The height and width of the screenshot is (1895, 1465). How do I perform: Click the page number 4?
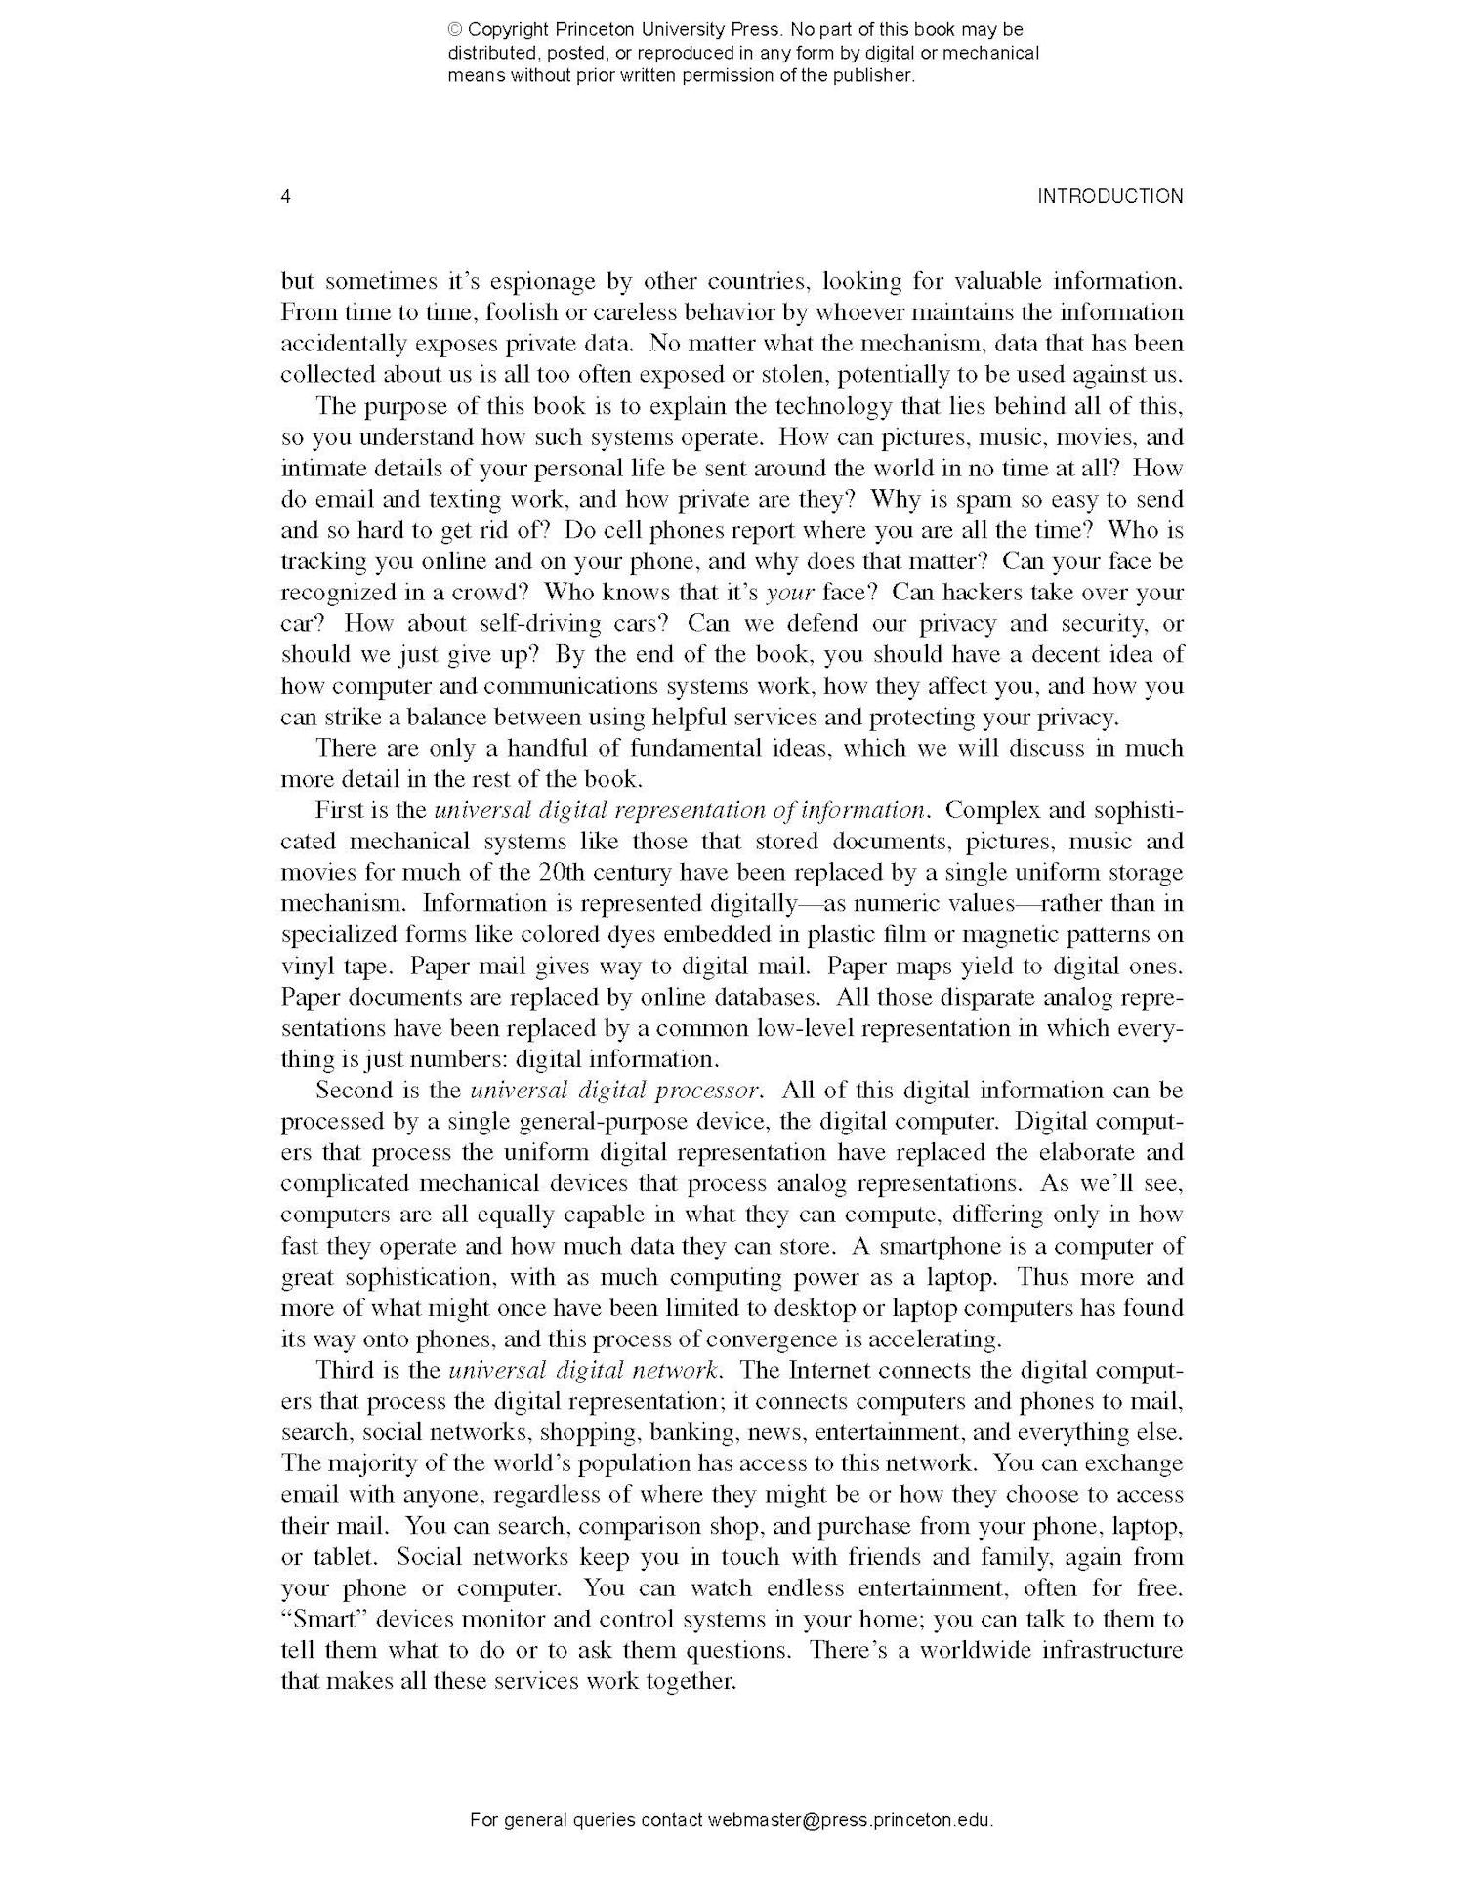[285, 196]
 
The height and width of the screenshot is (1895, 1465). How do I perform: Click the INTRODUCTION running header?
[1109, 196]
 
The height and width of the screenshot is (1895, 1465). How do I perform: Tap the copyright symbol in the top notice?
[455, 30]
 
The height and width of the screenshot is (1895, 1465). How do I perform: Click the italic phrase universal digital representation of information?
[679, 810]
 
